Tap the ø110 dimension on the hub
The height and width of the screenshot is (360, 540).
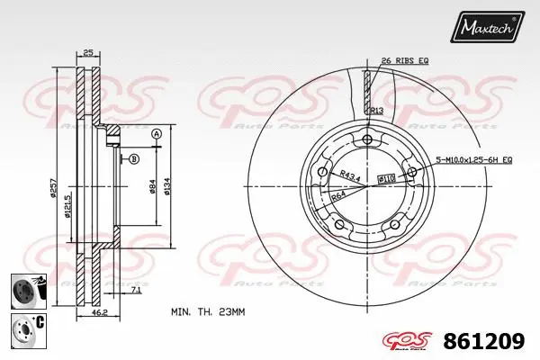(386, 180)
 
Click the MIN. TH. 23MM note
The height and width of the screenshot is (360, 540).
(210, 311)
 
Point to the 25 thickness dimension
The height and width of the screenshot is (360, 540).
(87, 54)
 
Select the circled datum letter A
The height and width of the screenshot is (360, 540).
(157, 133)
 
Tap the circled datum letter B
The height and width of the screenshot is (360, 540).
(134, 159)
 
